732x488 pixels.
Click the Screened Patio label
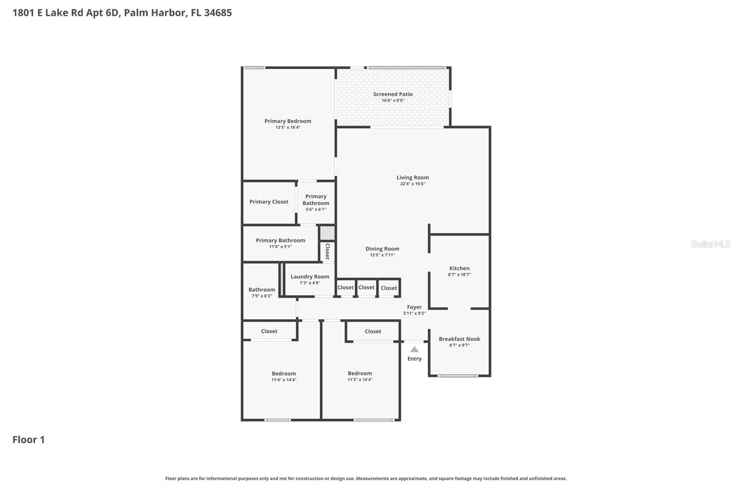point(393,94)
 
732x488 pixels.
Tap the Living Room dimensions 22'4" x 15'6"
point(413,184)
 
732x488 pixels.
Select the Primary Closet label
point(269,202)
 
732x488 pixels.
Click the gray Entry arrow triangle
point(414,349)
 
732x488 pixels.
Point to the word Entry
point(414,359)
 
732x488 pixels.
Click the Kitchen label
point(459,269)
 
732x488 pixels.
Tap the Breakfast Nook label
point(459,339)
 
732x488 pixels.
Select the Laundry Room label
point(310,277)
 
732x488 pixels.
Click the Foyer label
point(414,308)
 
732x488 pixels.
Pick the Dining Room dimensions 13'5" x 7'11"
point(382,255)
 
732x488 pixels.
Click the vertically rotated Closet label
point(328,251)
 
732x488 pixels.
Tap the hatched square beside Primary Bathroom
point(327,233)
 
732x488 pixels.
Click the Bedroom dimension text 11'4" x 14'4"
point(284,380)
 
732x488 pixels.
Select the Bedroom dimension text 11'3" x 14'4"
point(360,380)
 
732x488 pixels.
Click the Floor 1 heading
point(28,440)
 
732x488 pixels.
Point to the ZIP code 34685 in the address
point(218,13)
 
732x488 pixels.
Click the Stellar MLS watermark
point(710,244)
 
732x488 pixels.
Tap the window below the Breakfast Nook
point(458,376)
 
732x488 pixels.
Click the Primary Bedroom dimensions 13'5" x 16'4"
point(288,128)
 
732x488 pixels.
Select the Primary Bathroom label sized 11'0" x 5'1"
point(280,241)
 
